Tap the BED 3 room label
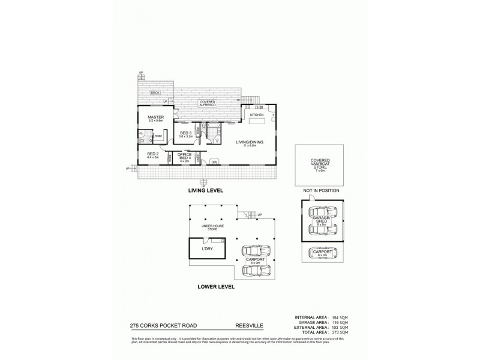[x=185, y=134]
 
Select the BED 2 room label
[x=152, y=155]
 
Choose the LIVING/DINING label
[x=247, y=142]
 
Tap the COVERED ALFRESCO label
[x=208, y=103]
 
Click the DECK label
[x=155, y=93]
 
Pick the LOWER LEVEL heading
[x=216, y=287]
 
